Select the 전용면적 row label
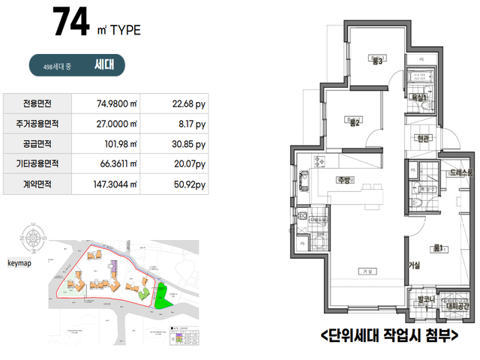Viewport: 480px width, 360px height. pos(37,103)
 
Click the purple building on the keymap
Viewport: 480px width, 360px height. pos(115,265)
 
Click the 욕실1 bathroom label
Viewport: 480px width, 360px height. pos(418,97)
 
